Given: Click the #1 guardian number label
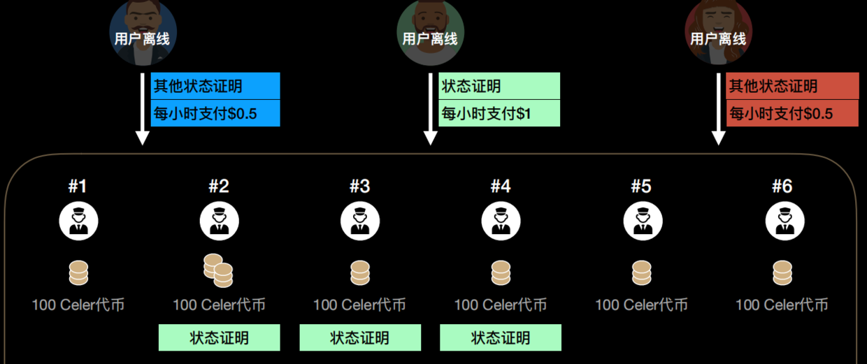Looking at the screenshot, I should [x=78, y=187].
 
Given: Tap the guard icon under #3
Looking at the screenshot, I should [x=359, y=221].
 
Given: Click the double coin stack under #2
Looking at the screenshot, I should [x=218, y=271].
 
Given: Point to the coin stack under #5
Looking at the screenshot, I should [x=641, y=272].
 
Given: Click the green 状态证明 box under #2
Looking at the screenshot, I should [x=219, y=338].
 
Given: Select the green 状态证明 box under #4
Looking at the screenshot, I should [x=500, y=338].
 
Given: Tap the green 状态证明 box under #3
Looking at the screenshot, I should [x=359, y=338].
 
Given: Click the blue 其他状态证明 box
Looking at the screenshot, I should [x=215, y=86].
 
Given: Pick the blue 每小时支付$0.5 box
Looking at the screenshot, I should [x=215, y=113].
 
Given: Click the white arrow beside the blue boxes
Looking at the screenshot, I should [x=143, y=108].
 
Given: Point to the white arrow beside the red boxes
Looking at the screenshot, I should [x=717, y=108].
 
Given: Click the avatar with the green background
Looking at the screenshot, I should [x=430, y=31].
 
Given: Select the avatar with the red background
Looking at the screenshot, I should [x=718, y=31].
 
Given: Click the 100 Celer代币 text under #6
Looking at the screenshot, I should [x=782, y=305].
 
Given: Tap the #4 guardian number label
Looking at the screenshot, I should [x=500, y=187].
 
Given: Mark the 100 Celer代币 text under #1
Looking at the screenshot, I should [x=78, y=305].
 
